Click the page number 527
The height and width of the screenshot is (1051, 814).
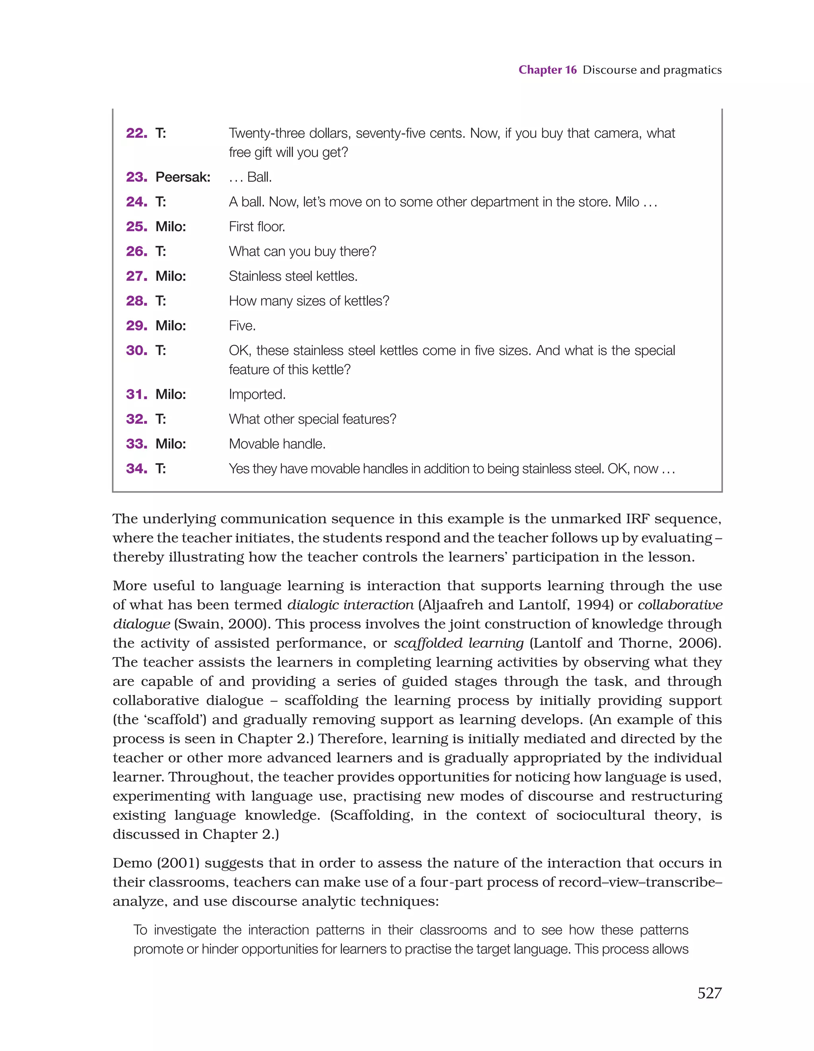tap(709, 993)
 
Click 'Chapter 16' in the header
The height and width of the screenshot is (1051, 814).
tap(547, 70)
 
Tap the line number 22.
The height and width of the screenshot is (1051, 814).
tap(136, 133)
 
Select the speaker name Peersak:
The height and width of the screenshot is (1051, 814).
tap(182, 177)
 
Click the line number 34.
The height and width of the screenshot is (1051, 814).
tap(136, 468)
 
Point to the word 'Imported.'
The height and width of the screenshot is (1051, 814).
tap(257, 394)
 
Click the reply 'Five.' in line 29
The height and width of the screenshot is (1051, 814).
tap(242, 326)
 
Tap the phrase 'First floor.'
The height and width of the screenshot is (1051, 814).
tap(257, 227)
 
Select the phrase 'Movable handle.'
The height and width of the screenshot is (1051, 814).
tap(277, 444)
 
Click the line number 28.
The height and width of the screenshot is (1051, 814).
tap(136, 301)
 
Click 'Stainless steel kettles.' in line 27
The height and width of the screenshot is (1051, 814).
tap(293, 276)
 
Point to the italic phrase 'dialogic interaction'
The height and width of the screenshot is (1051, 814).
tap(350, 605)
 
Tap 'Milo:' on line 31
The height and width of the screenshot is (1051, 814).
tap(171, 394)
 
